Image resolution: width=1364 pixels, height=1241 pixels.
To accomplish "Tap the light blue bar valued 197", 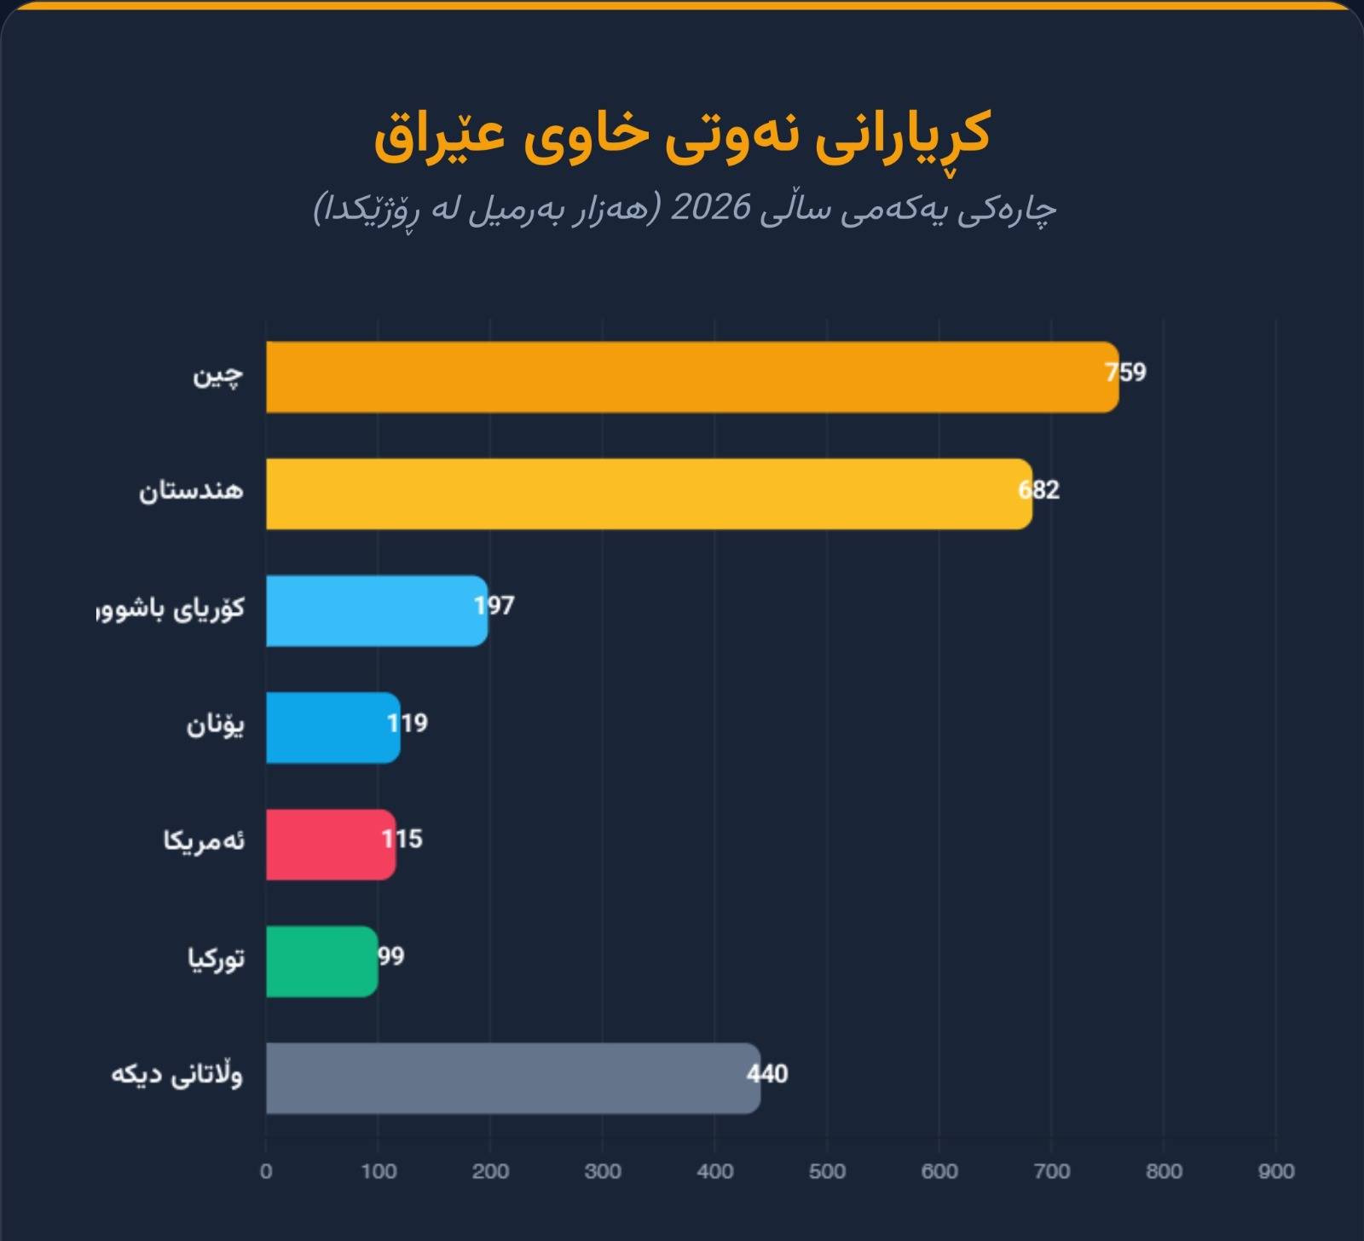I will [x=375, y=611].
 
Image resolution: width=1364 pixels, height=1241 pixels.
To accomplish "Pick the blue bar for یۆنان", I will [x=332, y=727].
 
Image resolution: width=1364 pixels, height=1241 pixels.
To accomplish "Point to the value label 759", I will [x=1126, y=372].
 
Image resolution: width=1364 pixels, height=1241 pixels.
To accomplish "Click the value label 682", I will [x=1039, y=490].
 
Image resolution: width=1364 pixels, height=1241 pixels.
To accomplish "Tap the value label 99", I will [x=391, y=956].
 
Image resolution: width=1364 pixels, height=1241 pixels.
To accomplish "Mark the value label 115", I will [x=402, y=840].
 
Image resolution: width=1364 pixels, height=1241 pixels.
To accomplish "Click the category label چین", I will [x=218, y=376].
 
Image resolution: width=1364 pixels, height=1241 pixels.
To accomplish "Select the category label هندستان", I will [x=192, y=492].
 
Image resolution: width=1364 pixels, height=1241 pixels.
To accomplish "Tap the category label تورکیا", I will [x=217, y=959].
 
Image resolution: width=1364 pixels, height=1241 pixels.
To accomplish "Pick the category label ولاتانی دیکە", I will [x=177, y=1075].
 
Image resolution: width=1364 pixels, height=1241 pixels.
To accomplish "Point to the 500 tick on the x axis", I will [x=827, y=1171].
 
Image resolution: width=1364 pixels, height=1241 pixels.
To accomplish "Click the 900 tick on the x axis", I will [x=1275, y=1171].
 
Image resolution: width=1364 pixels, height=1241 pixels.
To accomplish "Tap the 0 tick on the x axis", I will [x=266, y=1171].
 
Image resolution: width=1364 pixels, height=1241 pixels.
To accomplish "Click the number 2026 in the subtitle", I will [x=711, y=208].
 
